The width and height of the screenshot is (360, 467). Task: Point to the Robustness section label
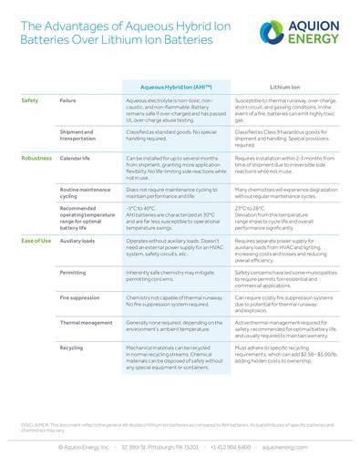(x=36, y=158)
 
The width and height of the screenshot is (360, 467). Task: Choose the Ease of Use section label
(x=36, y=240)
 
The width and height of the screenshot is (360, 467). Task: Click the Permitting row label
(x=73, y=272)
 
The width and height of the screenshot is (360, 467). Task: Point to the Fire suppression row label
(x=79, y=296)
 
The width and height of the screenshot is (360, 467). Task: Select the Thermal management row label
(x=87, y=322)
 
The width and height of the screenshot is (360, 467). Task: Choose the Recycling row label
(x=71, y=347)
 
